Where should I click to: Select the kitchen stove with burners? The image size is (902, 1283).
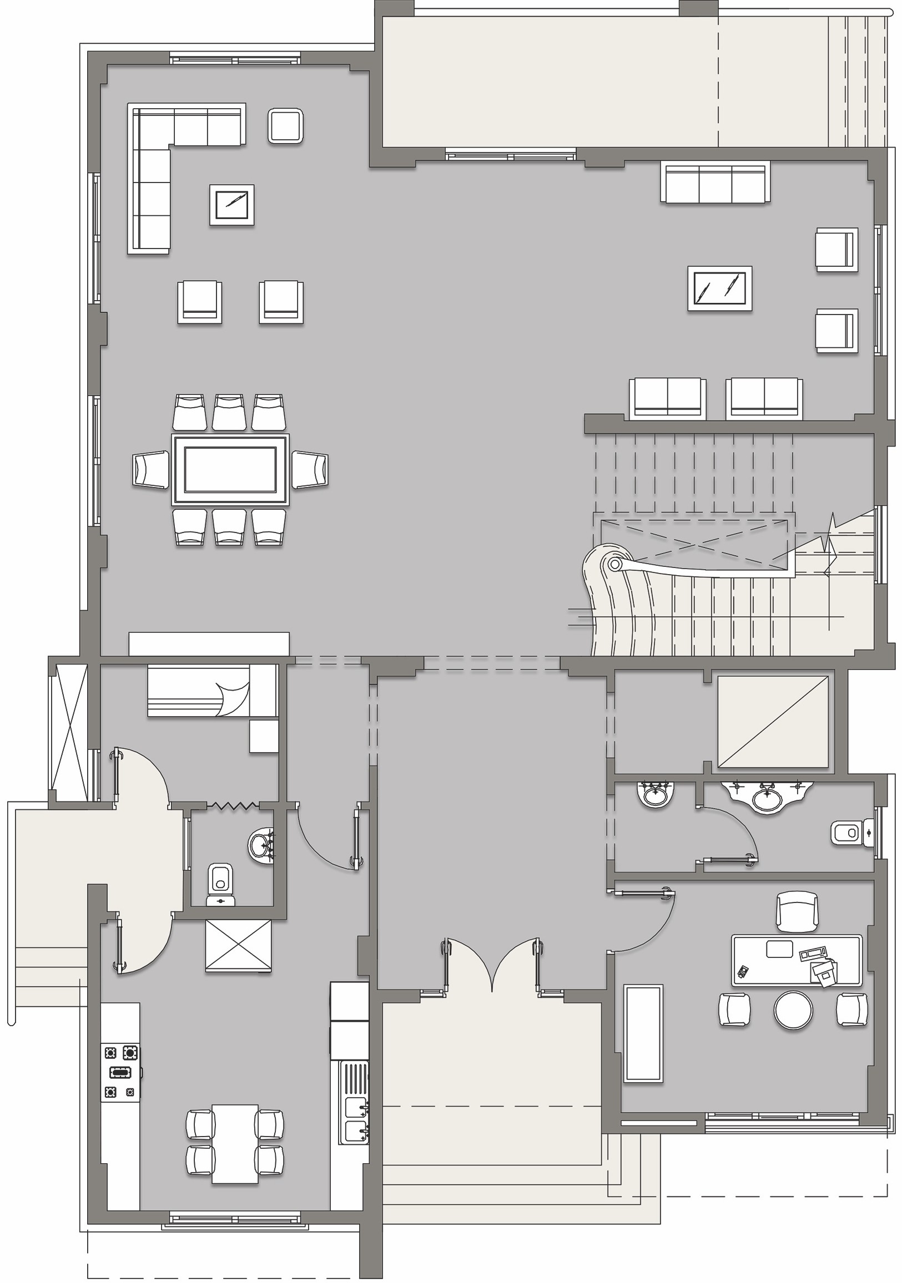121,1072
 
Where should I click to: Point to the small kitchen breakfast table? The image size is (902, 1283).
235,1135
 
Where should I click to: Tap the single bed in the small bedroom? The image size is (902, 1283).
213,691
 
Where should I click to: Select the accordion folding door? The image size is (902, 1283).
234,805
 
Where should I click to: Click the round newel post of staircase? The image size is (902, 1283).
614,564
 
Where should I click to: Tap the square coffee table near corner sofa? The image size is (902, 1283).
231,205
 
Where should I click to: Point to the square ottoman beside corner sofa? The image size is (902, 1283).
286,126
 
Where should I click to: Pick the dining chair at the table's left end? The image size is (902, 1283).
150,469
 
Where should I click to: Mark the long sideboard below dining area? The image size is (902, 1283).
209,644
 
